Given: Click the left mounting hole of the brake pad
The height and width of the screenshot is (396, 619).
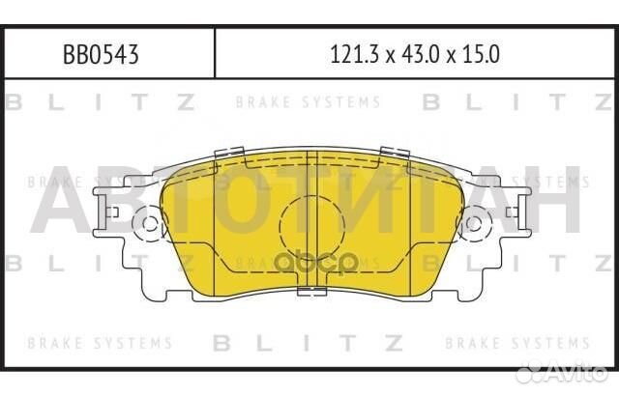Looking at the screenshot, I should pos(150,226).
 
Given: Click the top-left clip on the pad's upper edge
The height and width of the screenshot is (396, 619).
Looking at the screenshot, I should pos(228,152).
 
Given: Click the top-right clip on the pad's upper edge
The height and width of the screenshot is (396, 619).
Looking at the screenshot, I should pos(393,152).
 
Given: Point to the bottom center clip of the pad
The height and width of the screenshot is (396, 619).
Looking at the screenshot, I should pos(310,293).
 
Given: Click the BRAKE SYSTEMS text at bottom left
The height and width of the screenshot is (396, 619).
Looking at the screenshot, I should pos(100,343).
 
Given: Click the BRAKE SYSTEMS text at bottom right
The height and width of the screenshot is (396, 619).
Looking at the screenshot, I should pos(517,343).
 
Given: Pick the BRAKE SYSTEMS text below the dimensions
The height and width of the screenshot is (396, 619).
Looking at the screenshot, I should pos(308,101).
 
